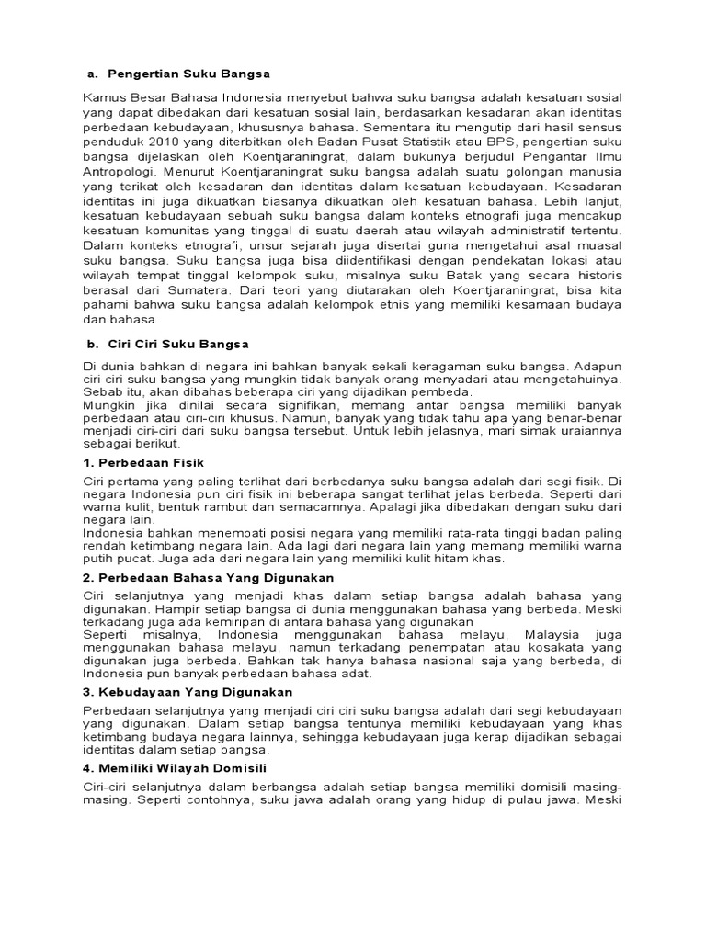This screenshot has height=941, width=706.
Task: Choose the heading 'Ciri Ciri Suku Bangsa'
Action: pyautogui.click(x=178, y=344)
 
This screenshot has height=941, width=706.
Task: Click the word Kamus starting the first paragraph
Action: pyautogui.click(x=103, y=97)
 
